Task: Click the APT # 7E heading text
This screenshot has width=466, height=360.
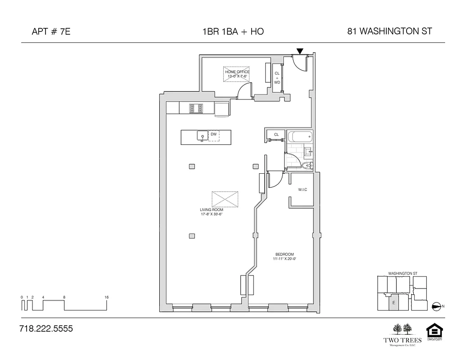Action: click(x=51, y=31)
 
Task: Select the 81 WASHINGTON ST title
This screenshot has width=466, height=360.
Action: click(x=389, y=31)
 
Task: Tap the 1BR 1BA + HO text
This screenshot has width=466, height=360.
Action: click(x=233, y=31)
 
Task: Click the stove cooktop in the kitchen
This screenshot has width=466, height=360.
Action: click(x=196, y=108)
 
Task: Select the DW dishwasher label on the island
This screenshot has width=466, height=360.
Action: click(x=214, y=135)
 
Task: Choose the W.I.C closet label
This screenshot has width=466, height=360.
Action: click(x=302, y=189)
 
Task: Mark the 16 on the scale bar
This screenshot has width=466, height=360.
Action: click(x=106, y=297)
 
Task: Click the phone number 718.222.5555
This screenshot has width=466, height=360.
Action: click(x=46, y=329)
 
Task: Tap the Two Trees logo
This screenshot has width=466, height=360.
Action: click(x=403, y=333)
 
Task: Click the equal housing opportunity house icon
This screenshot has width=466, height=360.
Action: click(x=434, y=331)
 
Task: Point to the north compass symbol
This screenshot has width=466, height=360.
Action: click(x=436, y=306)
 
